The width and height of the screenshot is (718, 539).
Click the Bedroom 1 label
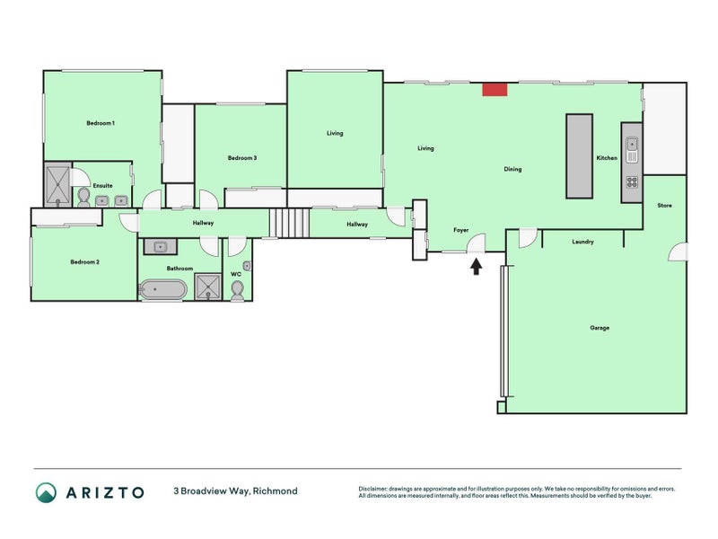[101, 122]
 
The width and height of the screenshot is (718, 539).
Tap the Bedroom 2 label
[85, 262]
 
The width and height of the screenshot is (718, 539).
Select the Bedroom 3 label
[242, 158]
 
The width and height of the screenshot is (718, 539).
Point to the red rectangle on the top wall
[495, 89]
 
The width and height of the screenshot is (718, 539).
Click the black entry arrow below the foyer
[476, 265]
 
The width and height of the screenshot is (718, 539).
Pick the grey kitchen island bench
[579, 155]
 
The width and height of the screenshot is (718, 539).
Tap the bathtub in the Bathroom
[162, 289]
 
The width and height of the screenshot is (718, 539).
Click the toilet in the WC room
[237, 289]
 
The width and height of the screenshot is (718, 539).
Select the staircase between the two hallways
[289, 222]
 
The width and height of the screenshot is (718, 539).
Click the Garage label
[600, 328]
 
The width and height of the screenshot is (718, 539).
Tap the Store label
[664, 206]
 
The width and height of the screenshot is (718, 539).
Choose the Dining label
[512, 169]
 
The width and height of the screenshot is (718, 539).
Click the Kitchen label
[607, 158]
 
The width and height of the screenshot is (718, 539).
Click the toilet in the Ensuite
[83, 195]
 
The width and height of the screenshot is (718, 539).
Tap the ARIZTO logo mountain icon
[46, 491]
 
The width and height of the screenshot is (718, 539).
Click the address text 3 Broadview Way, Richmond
[235, 491]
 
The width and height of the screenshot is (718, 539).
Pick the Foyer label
[460, 231]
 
